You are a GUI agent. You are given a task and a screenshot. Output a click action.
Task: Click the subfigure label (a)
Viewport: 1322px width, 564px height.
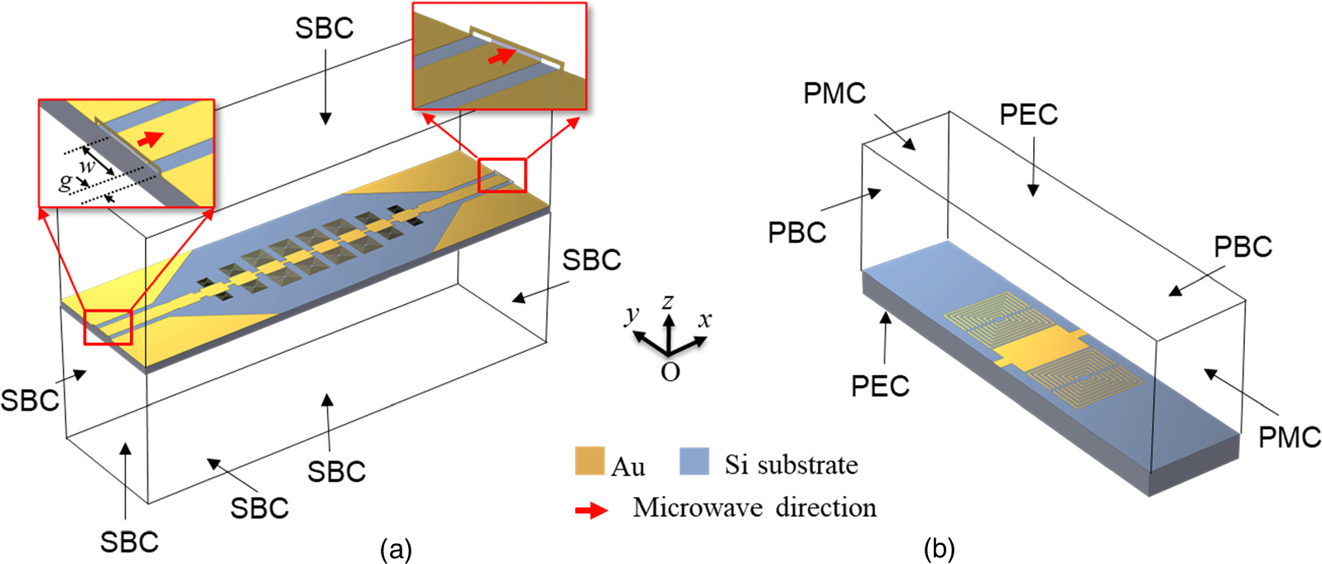click(x=395, y=550)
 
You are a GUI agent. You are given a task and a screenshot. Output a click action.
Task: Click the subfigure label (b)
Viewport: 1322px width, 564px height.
click(x=939, y=548)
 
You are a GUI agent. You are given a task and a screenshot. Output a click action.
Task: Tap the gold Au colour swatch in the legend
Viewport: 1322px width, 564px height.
click(x=589, y=461)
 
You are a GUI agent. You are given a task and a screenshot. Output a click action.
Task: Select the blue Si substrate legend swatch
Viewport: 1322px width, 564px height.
click(x=694, y=461)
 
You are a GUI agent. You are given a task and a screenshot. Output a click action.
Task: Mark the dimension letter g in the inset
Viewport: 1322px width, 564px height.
click(x=65, y=181)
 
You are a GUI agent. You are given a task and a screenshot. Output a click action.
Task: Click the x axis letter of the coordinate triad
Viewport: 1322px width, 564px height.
click(x=704, y=319)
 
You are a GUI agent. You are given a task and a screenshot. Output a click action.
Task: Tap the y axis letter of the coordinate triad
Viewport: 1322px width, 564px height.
click(x=632, y=313)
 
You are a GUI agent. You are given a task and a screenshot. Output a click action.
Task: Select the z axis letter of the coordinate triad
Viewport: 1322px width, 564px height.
click(x=667, y=301)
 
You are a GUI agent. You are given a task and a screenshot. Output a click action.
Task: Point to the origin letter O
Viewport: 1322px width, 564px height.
click(x=670, y=372)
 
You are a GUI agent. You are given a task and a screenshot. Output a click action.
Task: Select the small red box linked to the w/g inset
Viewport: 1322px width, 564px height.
click(x=108, y=325)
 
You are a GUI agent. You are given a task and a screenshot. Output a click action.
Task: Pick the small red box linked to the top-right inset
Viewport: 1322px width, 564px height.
click(x=502, y=176)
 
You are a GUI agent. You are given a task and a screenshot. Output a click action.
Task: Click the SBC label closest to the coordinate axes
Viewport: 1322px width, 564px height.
click(x=591, y=260)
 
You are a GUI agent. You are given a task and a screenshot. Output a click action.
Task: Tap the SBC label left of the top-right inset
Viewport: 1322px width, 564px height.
click(x=324, y=28)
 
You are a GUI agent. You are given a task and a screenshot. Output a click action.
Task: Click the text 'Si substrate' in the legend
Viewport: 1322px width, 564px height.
click(x=791, y=465)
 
